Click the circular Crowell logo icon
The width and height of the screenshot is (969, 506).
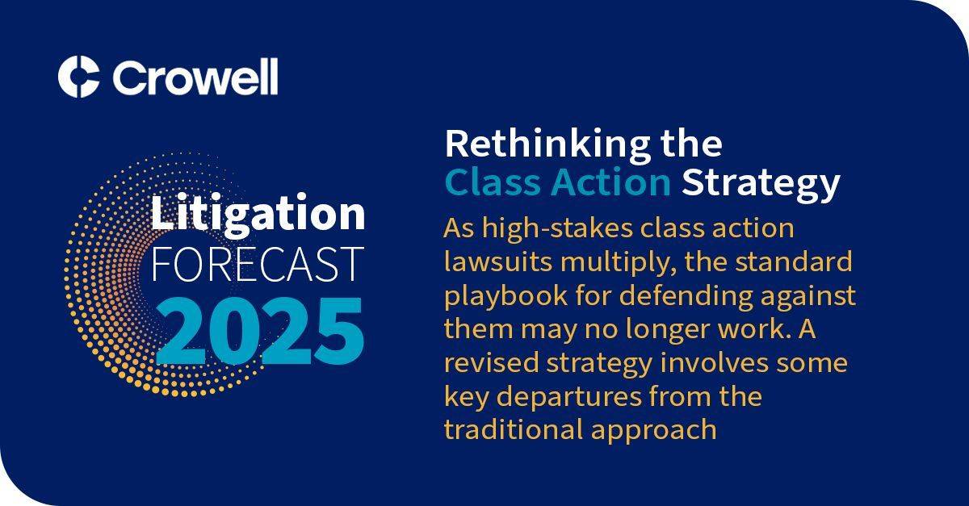(79, 77)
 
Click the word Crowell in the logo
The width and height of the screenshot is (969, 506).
(195, 77)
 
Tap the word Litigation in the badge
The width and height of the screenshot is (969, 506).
(258, 213)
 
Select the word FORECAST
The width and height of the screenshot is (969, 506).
(258, 264)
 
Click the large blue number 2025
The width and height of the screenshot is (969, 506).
(259, 331)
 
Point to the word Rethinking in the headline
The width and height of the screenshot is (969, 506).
(547, 146)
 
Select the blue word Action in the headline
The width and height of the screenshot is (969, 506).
(610, 182)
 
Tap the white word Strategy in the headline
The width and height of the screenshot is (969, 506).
(761, 185)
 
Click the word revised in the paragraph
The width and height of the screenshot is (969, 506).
(492, 362)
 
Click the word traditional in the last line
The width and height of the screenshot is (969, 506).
(514, 429)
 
